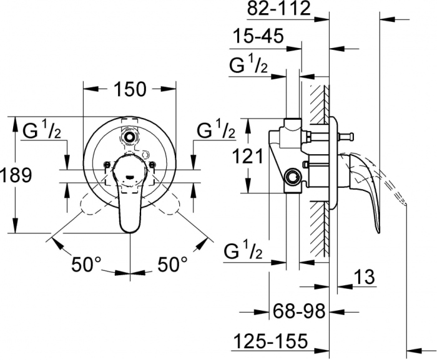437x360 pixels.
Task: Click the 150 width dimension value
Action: [x=130, y=89]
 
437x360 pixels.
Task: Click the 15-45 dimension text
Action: [x=258, y=37]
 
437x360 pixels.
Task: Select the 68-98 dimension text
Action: [x=300, y=311]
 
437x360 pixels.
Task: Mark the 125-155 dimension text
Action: [x=270, y=341]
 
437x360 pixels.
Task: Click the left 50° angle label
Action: [x=86, y=265]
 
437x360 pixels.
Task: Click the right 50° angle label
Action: [x=172, y=265]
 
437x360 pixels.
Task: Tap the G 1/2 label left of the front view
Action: [x=42, y=132]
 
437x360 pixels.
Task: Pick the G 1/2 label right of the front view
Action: [x=217, y=132]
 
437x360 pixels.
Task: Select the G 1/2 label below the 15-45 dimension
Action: [x=248, y=66]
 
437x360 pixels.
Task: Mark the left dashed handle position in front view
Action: [x=91, y=206]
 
